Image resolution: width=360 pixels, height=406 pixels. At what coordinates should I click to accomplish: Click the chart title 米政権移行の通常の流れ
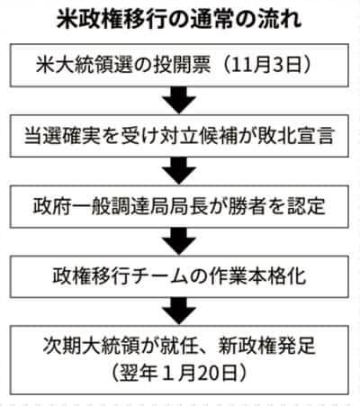pyautogui.click(x=179, y=20)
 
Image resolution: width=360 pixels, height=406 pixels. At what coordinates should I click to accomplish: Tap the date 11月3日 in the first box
pyautogui.click(x=266, y=65)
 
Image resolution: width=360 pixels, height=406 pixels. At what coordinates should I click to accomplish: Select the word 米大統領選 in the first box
pyautogui.click(x=85, y=65)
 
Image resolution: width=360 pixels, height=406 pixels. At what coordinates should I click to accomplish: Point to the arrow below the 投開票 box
pyautogui.click(x=179, y=100)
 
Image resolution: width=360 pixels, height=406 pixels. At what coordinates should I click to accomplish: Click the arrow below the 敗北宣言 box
pyautogui.click(x=179, y=171)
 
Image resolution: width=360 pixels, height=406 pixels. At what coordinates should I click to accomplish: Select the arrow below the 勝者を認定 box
pyautogui.click(x=179, y=241)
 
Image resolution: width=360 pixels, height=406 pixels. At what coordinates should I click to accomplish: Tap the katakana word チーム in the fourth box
pyautogui.click(x=158, y=276)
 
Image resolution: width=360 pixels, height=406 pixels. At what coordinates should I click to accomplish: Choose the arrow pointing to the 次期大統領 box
pyautogui.click(x=179, y=311)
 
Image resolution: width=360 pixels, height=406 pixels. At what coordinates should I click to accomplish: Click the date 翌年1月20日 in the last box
pyautogui.click(x=179, y=373)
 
